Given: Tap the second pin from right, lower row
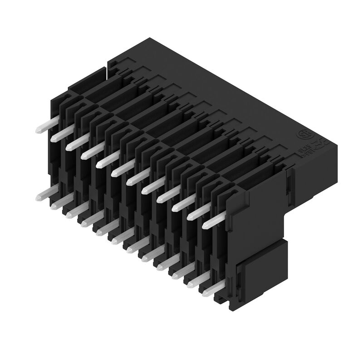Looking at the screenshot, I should (196, 280).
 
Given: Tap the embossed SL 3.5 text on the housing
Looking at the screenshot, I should (304, 150).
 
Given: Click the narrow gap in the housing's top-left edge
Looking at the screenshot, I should (107, 68).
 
